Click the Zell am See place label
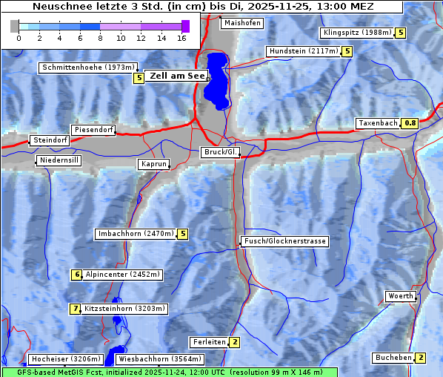[176, 76]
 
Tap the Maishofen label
[242, 23]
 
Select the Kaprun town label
[154, 164]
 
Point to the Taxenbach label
[377, 123]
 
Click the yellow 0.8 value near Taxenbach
[410, 123]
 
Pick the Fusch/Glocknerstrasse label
[284, 241]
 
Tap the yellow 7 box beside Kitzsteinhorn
[75, 309]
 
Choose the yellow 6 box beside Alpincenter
[76, 275]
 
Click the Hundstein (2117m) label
[303, 52]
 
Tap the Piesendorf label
[93, 130]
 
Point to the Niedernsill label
[59, 160]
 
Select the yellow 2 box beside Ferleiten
[235, 342]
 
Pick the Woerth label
[401, 296]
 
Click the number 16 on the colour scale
[181, 37]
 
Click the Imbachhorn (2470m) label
[136, 235]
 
